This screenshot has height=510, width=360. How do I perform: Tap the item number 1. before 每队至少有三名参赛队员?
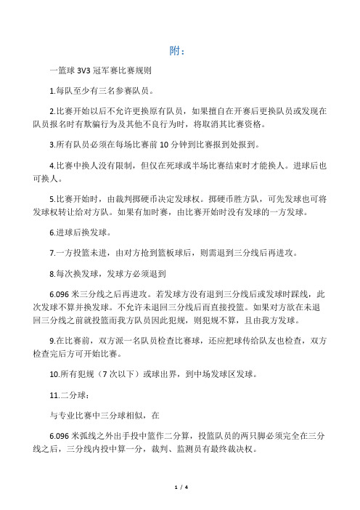click(x=49, y=92)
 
